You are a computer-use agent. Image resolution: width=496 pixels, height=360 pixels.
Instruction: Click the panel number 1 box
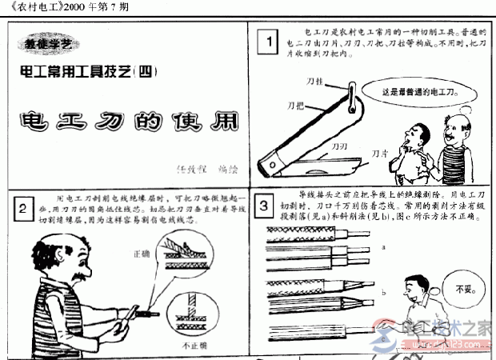(x=272, y=41)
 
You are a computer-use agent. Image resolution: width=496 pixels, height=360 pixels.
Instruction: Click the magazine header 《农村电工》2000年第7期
(x=65, y=6)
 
